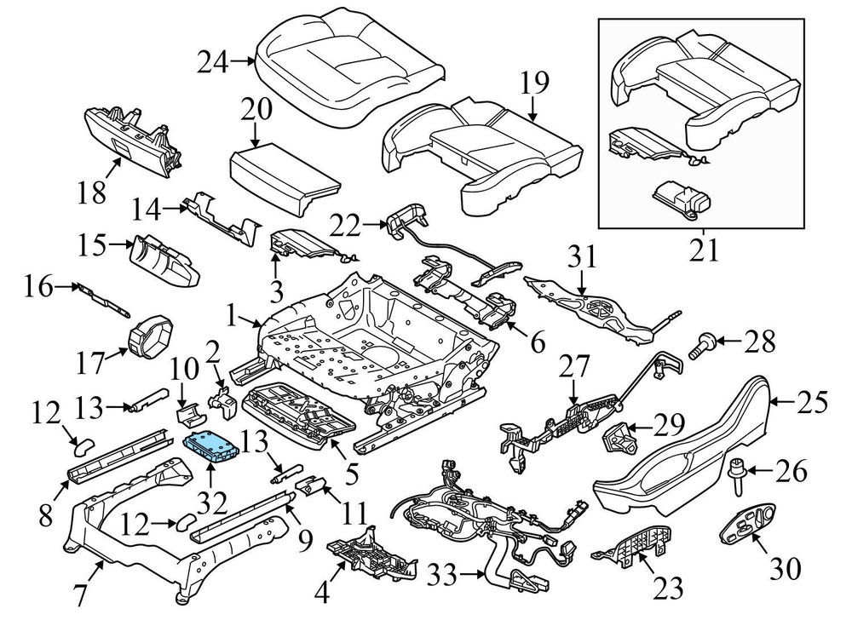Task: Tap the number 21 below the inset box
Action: point(704,251)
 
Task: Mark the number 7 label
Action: point(79,594)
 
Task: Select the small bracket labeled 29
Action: point(619,441)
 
